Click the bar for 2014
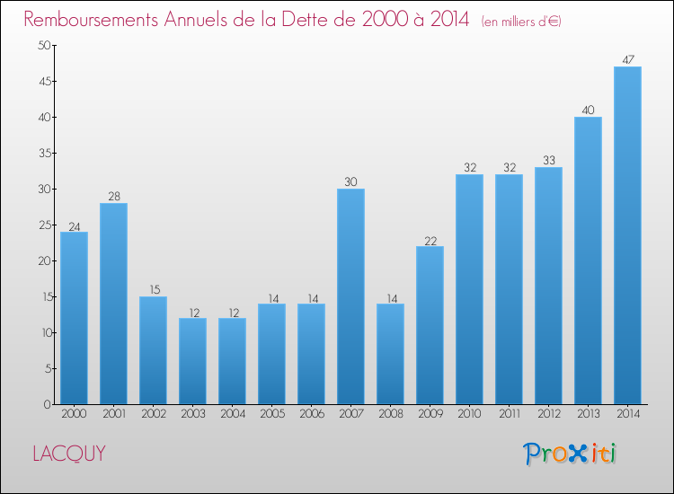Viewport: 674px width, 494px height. (x=627, y=235)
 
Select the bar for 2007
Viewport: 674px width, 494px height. (x=350, y=296)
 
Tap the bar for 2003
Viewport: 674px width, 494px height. (x=192, y=361)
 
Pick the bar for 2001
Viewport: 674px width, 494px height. (x=113, y=304)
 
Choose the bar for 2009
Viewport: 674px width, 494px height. (x=430, y=325)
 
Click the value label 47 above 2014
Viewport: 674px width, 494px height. (x=627, y=60)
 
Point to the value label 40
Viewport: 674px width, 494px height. (x=588, y=110)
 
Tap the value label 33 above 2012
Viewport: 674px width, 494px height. (x=548, y=161)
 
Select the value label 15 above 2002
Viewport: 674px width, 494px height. (x=153, y=290)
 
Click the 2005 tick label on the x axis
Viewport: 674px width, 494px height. (x=271, y=414)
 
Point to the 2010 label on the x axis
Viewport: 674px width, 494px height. (x=469, y=414)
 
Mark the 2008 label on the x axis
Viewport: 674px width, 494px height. (x=390, y=414)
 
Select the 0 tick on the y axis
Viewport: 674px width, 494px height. (x=45, y=405)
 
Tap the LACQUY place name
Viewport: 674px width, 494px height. (x=68, y=454)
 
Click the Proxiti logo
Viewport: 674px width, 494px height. (x=570, y=454)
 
